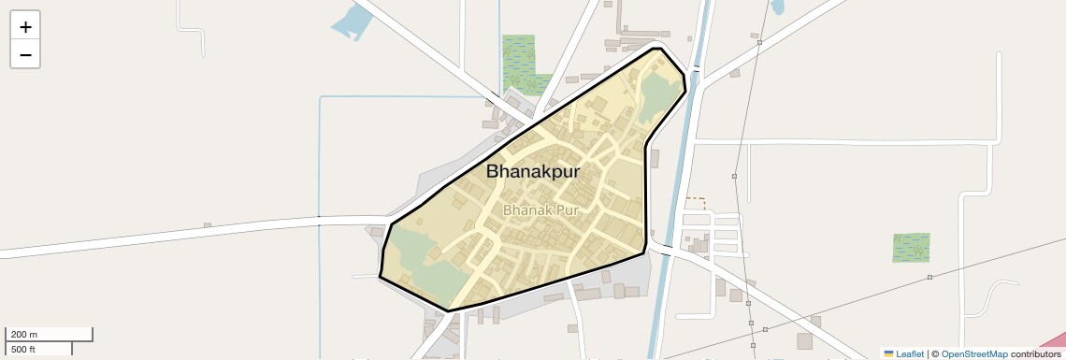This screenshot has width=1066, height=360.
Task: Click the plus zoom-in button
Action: (x=25, y=27)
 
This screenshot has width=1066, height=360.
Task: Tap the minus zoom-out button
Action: (x=25, y=54)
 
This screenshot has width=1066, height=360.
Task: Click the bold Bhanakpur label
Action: (x=533, y=172)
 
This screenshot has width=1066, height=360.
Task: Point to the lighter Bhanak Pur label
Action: (x=541, y=210)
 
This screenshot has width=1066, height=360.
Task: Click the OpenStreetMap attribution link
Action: (x=974, y=354)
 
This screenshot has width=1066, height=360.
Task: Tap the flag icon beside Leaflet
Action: (x=889, y=354)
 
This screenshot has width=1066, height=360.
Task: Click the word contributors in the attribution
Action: (x=1036, y=354)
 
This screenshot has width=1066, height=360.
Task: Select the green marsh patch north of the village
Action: (x=519, y=61)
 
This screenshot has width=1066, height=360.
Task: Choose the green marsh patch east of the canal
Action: (x=911, y=248)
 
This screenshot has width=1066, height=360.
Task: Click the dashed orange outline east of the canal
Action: (x=695, y=202)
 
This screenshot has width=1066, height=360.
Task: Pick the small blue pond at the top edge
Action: (x=777, y=7)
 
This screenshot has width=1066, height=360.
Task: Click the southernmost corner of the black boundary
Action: (x=449, y=310)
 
